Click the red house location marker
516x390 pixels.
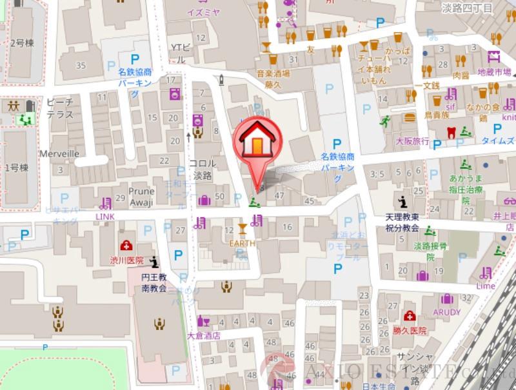[257, 142]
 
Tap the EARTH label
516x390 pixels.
[242, 243]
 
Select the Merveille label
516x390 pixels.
[59, 154]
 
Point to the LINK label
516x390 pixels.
[104, 217]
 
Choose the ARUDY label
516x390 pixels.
[446, 312]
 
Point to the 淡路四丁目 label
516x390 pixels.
[468, 8]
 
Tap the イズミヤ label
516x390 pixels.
[204, 12]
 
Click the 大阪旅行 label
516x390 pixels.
[412, 141]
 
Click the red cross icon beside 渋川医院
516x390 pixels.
[126, 246]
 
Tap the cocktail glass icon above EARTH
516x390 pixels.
[243, 228]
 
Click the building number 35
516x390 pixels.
[81, 65]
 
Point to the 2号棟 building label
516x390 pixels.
[21, 43]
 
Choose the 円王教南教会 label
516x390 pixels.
[155, 282]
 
